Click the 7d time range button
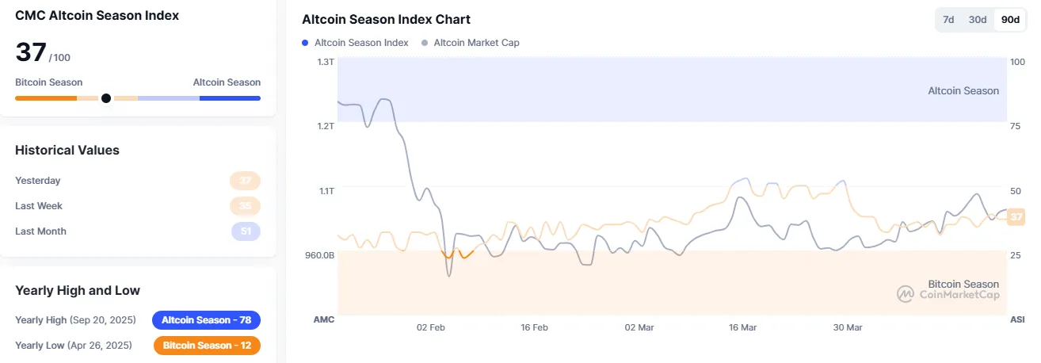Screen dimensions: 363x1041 coord(948,20)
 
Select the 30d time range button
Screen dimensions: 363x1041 coord(978,20)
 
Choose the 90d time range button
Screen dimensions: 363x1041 coord(1010,20)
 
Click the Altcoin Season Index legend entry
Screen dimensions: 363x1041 coord(360,43)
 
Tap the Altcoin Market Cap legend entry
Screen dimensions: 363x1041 coord(476,43)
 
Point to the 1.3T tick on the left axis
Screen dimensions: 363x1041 coord(326,61)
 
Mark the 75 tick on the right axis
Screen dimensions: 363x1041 coord(1016,126)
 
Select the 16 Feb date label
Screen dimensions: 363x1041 coord(535,327)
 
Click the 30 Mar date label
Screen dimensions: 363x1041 coord(848,327)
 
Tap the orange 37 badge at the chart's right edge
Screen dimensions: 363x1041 coord(1016,216)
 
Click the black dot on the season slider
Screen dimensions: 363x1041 coord(106,98)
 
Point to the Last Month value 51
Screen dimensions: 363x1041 coord(246,231)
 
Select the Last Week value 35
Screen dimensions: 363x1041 coord(246,206)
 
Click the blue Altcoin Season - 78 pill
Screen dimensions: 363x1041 coord(206,320)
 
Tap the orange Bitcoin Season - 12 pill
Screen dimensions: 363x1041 coord(206,346)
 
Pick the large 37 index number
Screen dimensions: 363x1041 coord(31,52)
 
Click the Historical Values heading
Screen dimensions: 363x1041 coord(67,150)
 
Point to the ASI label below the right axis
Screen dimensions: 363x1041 coord(1016,319)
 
